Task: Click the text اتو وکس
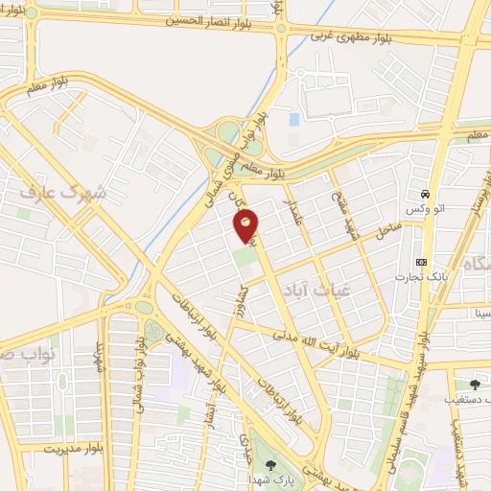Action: pyautogui.click(x=416, y=208)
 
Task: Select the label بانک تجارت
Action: pyautogui.click(x=418, y=277)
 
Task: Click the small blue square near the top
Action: pyautogui.click(x=293, y=120)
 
